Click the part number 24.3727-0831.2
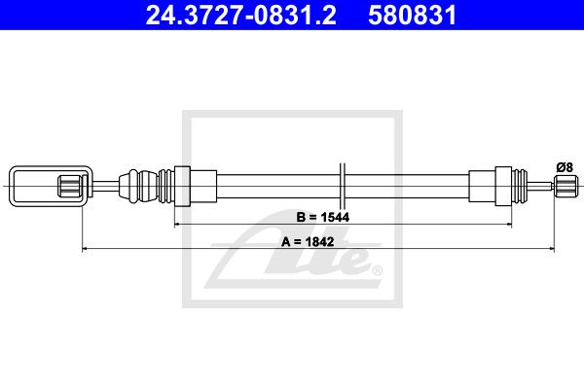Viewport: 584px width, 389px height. [240, 15]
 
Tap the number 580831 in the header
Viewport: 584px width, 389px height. [413, 15]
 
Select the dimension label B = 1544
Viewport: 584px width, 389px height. [323, 217]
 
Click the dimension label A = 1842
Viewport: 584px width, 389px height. [308, 242]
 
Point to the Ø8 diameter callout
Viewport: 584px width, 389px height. [565, 167]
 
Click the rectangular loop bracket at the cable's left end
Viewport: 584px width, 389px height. [11, 186]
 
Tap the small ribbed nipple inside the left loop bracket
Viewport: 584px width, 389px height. [70, 186]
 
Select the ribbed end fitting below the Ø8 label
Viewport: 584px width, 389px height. [566, 186]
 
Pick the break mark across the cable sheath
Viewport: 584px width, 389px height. [343, 186]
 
